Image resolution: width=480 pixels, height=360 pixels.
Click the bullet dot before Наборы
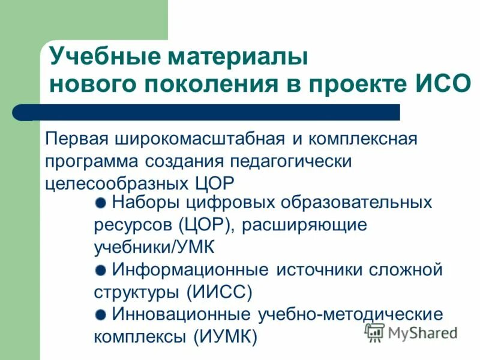(101, 202)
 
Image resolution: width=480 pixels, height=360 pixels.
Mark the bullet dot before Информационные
(101, 269)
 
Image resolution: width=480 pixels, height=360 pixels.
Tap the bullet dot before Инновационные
(101, 313)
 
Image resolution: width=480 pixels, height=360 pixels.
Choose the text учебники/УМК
(154, 247)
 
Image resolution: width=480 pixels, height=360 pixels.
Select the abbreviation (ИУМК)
(226, 336)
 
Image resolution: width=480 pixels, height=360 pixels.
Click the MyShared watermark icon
(374, 332)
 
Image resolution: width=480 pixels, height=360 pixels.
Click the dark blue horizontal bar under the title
(216, 112)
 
